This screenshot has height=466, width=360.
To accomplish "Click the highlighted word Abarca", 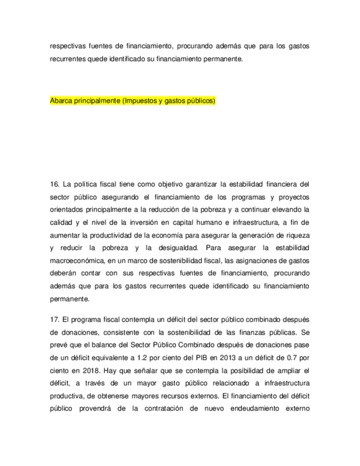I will (62, 101).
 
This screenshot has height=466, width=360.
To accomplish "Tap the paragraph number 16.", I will (54, 183).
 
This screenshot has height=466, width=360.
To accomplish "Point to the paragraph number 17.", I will (54, 319).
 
